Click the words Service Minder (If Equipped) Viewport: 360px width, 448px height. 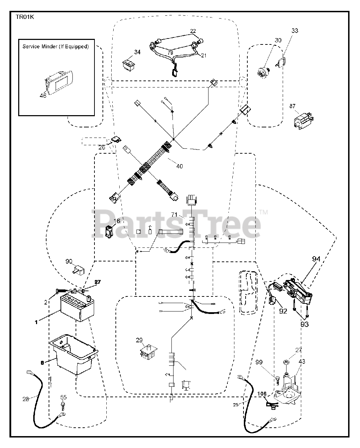[56, 46]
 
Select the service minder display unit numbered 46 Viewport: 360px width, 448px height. [59, 81]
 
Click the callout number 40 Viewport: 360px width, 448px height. [179, 166]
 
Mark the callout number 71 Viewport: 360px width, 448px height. [174, 214]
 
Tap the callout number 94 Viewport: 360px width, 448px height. [316, 259]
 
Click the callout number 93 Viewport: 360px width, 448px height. [304, 324]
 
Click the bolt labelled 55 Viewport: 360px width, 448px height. [63, 405]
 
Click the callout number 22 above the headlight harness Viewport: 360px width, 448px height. [193, 31]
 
